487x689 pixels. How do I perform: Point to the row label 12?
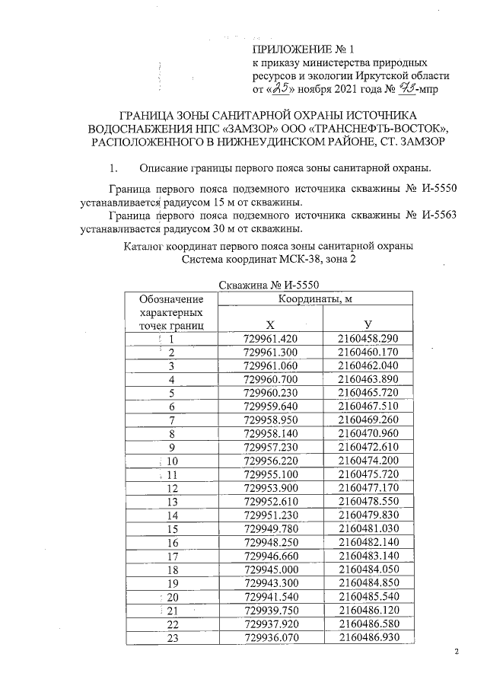pos(172,487)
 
